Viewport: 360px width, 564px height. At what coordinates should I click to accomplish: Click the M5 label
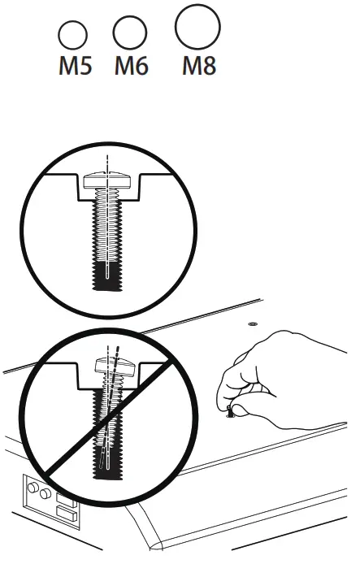coord(74,65)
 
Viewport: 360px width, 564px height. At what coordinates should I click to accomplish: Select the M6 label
coord(131,65)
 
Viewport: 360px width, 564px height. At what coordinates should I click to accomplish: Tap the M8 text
coord(198,65)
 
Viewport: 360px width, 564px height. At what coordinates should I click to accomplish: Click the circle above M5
coord(73,36)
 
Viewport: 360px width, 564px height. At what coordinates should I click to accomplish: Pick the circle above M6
coord(129,33)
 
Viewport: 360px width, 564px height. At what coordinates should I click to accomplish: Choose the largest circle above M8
coord(197,26)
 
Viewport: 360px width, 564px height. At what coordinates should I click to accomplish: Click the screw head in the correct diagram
coord(108,176)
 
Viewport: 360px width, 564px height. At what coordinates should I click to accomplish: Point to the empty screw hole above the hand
coord(252,323)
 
